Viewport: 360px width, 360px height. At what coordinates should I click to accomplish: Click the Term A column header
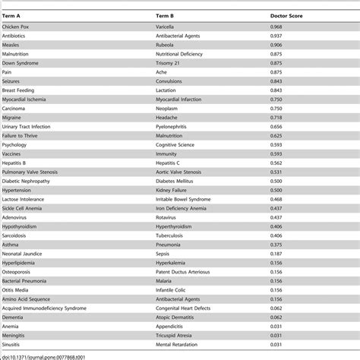click(x=13, y=14)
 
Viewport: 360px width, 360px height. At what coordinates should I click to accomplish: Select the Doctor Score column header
click(x=287, y=14)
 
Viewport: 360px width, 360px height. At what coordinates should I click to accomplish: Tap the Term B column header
click(x=166, y=14)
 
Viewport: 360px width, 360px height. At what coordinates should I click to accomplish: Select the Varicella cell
click(x=165, y=27)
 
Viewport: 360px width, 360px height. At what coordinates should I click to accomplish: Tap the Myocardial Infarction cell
click(x=179, y=99)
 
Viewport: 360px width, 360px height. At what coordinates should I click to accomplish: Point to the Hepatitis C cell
click(x=169, y=162)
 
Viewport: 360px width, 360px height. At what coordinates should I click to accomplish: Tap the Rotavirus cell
click(x=166, y=216)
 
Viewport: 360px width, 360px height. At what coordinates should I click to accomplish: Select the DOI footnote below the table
click(x=46, y=355)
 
